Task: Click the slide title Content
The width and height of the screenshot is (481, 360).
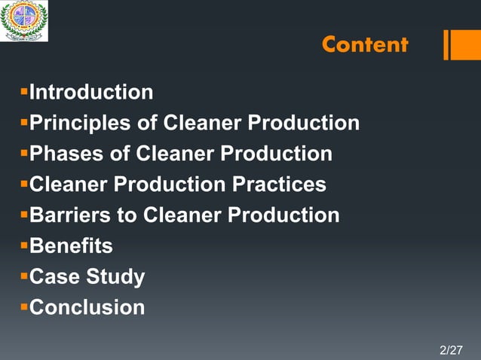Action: (x=365, y=45)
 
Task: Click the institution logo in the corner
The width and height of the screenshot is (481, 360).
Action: (x=24, y=20)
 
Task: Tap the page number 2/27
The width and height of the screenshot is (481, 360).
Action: (x=451, y=350)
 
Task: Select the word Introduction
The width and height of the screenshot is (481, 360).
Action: (x=90, y=93)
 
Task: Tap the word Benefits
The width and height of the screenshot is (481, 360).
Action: (x=71, y=246)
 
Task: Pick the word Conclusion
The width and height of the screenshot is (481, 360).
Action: (x=87, y=308)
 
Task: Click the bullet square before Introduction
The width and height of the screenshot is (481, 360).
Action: (x=23, y=92)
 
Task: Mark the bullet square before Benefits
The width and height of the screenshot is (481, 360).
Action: (x=23, y=246)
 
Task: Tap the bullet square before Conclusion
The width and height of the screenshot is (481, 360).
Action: (x=23, y=307)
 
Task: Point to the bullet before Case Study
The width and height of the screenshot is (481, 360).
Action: (x=23, y=276)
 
